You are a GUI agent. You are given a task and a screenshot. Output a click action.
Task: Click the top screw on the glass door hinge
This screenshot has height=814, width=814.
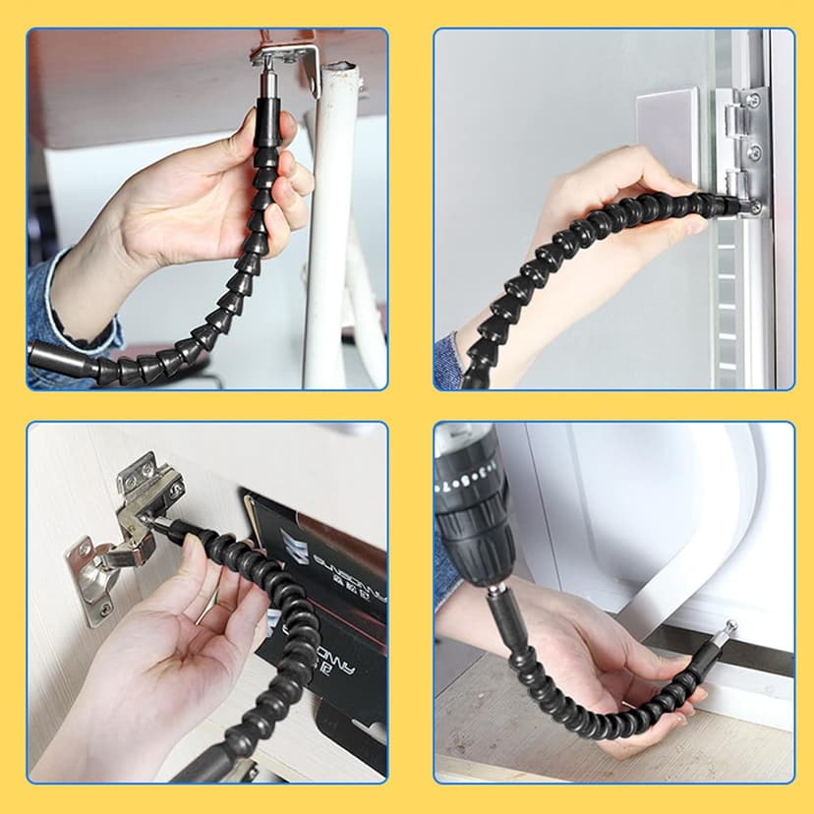[752, 100]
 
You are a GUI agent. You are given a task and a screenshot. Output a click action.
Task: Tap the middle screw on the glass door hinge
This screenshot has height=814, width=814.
[754, 152]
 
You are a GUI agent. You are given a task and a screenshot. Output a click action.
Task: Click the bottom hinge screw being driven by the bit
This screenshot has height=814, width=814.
[754, 207]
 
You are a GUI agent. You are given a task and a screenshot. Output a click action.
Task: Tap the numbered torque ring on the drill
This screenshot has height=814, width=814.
[467, 482]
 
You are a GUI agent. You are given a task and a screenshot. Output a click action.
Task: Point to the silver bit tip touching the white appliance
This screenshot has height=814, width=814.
[730, 627]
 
